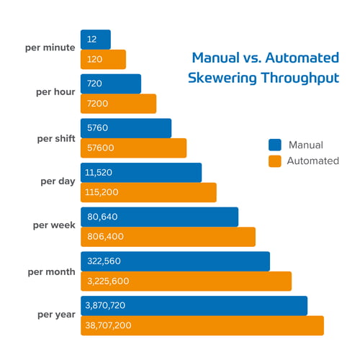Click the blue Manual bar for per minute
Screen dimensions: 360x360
95,39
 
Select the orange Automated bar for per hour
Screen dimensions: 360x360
118,104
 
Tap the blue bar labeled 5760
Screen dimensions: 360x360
126,128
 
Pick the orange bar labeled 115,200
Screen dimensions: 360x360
148,192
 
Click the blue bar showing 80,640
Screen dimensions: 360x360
159,217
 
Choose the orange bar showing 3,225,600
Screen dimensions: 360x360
186,282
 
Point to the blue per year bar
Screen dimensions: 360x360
194,305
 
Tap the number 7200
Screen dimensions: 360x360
97,104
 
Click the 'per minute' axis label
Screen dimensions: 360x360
50,48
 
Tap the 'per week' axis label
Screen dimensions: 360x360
54,225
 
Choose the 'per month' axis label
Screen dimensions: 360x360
51,271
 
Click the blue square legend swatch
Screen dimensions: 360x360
274,145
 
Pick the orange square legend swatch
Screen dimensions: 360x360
274,161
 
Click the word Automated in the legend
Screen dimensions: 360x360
312,161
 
